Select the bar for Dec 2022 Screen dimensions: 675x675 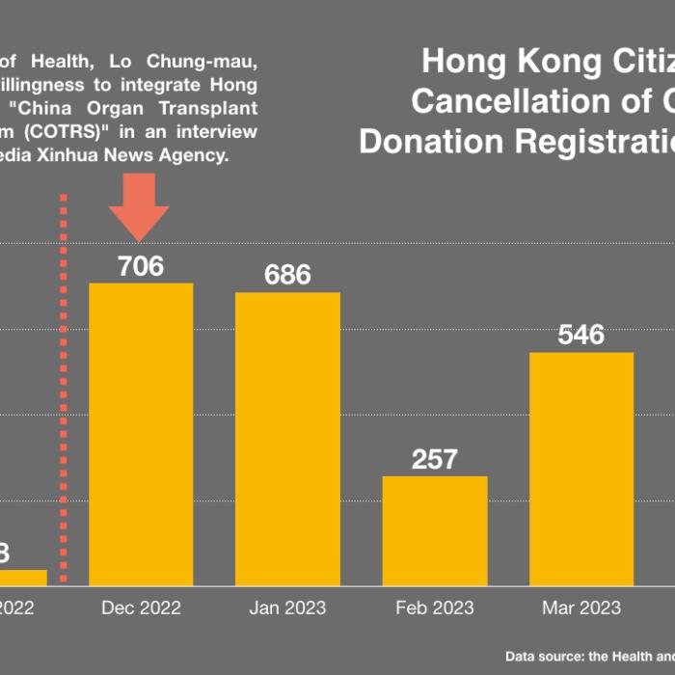coord(141,434)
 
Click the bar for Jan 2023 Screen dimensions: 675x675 coord(287,439)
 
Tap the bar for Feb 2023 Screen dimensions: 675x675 coord(434,530)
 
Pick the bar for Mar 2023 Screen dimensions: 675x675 coord(580,469)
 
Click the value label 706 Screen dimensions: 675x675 coord(141,266)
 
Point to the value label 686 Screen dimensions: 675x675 coord(287,275)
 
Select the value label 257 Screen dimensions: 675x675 coord(434,459)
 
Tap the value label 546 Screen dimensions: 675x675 coord(580,336)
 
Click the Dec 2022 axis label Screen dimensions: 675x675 coord(141,607)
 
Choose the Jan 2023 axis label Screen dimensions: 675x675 coord(287,607)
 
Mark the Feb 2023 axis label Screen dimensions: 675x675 coord(434,607)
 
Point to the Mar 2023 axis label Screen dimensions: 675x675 coord(580,607)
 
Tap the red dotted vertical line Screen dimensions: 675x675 coord(64,386)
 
